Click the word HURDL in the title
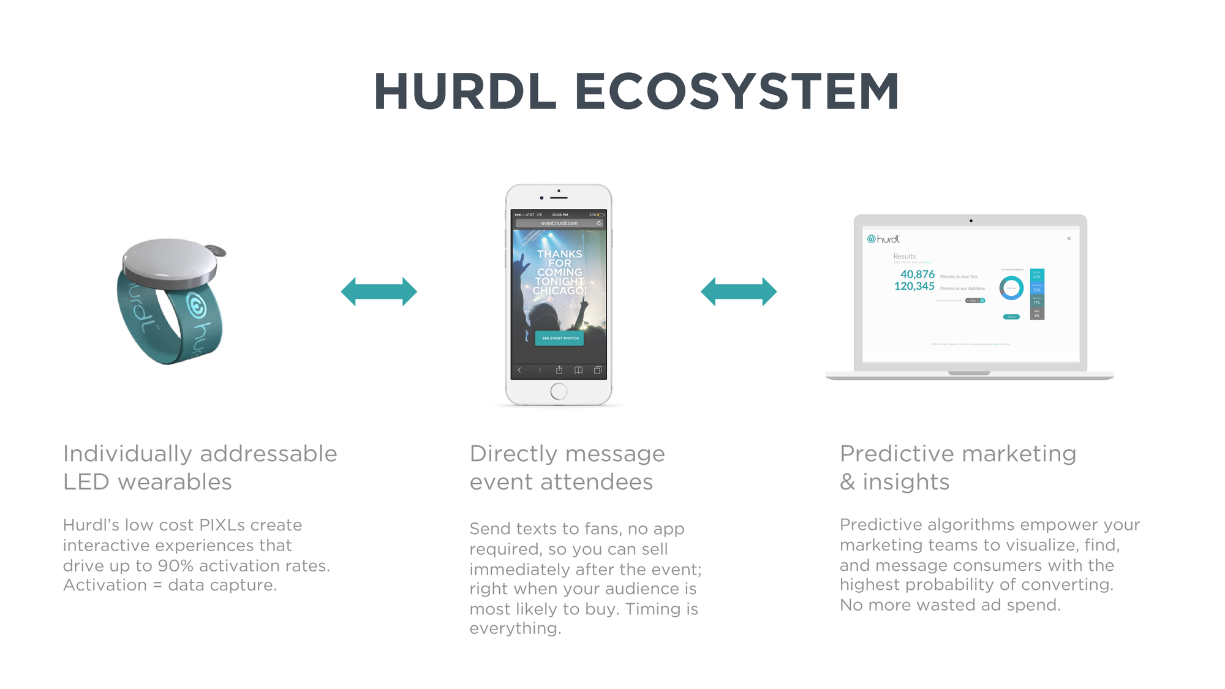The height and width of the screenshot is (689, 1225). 465,92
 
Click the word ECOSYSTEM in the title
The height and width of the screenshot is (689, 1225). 737,92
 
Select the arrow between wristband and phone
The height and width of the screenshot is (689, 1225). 379,292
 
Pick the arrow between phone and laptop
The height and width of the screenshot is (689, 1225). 739,292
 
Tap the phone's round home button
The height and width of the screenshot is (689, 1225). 559,391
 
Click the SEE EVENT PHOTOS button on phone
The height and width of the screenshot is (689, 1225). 560,338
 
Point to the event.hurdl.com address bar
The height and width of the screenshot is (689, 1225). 559,224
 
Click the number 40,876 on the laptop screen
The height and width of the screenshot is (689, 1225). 917,274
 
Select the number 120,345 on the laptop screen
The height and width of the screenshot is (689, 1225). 914,286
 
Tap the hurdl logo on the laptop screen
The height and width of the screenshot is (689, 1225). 883,239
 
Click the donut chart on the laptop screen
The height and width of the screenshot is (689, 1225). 1011,288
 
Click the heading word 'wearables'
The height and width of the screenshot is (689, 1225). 175,482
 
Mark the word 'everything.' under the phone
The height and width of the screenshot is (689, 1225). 515,628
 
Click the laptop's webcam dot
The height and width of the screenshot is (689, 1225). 971,220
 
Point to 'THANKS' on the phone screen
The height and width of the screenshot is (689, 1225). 560,254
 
